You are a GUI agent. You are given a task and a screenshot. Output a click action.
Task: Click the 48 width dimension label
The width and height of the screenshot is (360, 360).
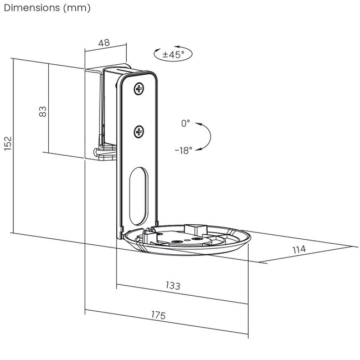[104, 43]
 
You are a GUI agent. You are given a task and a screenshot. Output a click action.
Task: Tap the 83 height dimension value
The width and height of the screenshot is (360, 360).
[43, 111]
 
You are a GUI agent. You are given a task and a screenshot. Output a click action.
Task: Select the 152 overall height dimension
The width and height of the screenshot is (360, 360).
[8, 143]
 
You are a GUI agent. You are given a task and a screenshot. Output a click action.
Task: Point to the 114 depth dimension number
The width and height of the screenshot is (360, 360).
[299, 249]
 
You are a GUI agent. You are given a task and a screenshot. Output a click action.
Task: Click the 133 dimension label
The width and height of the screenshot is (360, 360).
[173, 285]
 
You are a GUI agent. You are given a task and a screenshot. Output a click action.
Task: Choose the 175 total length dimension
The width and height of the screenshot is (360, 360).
[158, 315]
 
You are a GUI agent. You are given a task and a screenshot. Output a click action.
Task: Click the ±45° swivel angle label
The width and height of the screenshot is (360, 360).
[173, 55]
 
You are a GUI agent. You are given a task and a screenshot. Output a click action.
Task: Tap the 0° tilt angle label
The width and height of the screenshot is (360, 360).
[186, 124]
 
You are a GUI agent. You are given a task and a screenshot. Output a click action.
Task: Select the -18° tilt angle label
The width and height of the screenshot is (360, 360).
[183, 151]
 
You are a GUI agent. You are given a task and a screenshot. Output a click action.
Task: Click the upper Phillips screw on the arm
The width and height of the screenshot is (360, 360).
[139, 89]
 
